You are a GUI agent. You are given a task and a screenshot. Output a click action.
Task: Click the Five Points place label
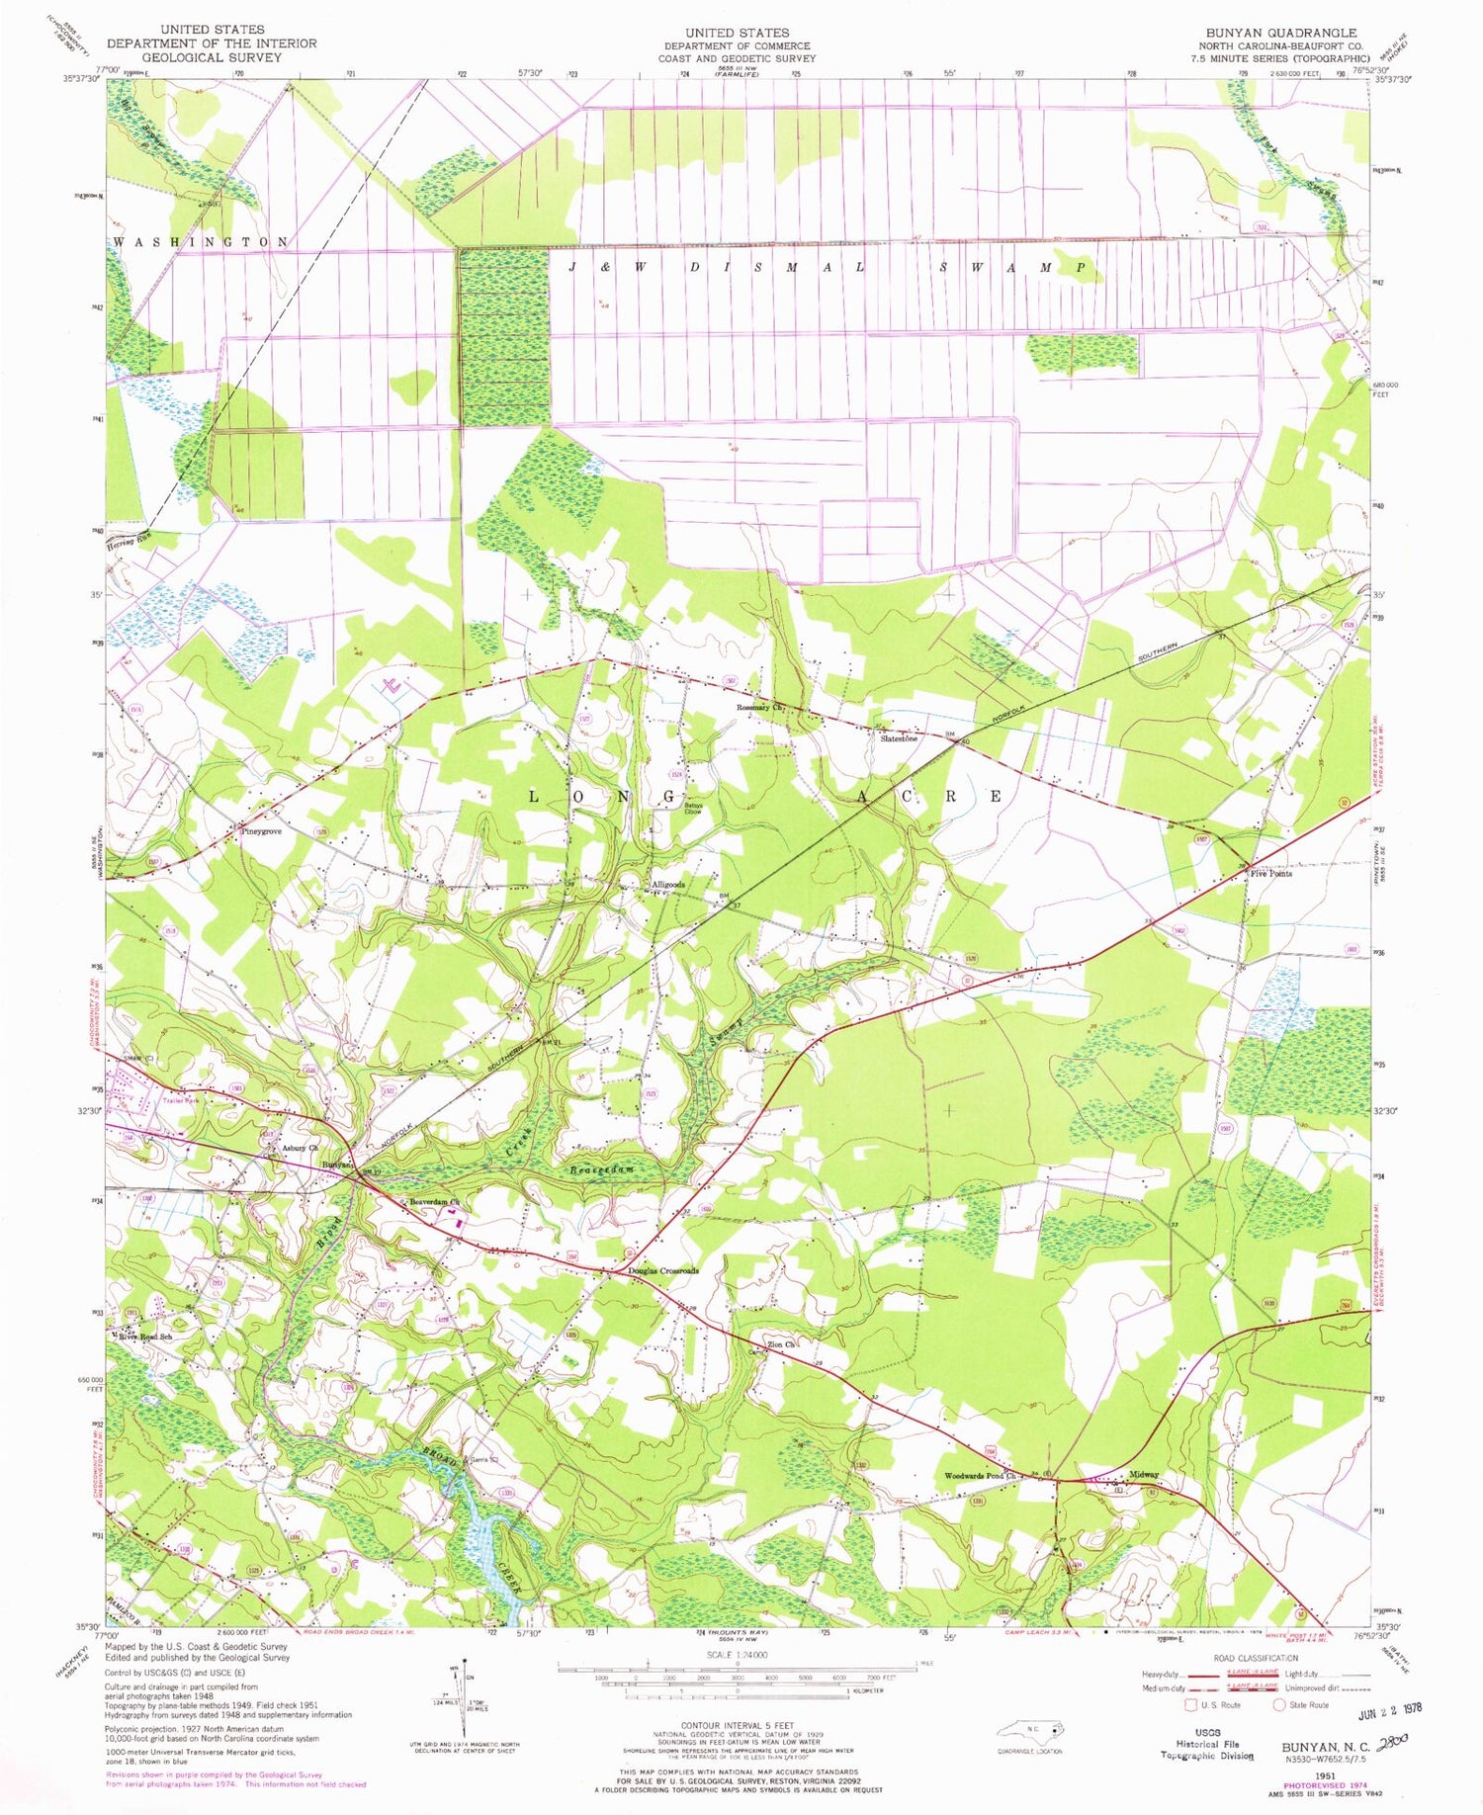(1270, 874)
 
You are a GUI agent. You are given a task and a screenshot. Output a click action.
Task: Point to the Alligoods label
(667, 885)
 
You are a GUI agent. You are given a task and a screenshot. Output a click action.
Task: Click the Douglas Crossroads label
(662, 1271)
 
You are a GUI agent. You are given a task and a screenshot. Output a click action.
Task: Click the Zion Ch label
(781, 1344)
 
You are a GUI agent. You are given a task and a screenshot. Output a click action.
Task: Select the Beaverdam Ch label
(435, 1202)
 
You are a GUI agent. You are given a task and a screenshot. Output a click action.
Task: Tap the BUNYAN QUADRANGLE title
(1280, 33)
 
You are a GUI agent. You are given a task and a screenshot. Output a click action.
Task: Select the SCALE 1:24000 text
(737, 1655)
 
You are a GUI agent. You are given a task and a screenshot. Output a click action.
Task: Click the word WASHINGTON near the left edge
(202, 242)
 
